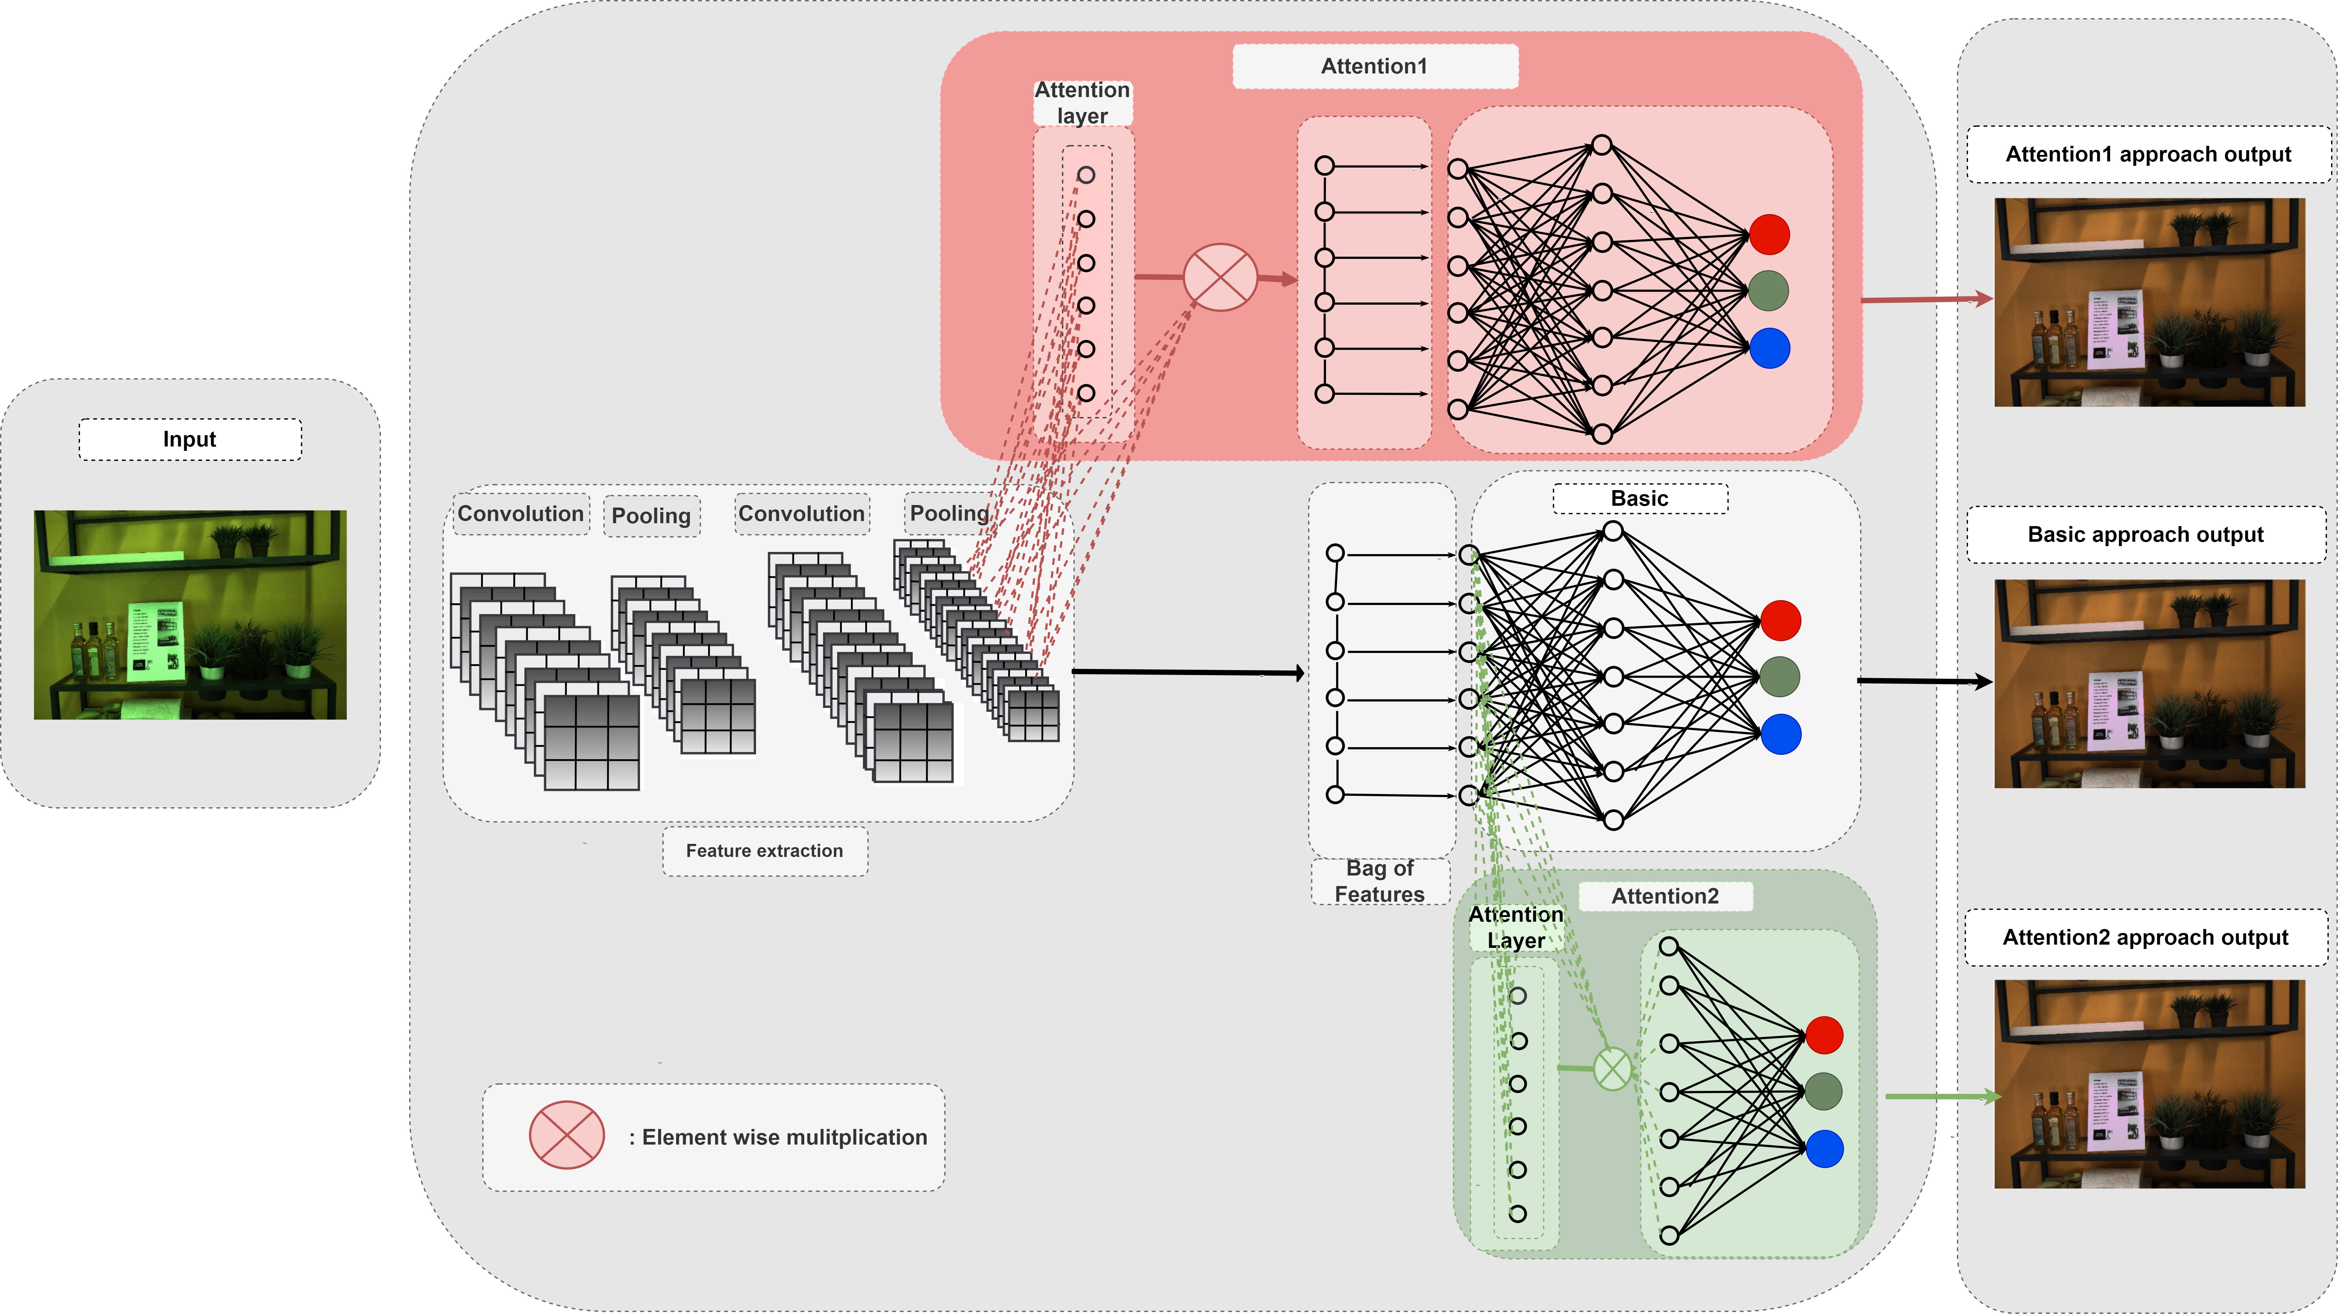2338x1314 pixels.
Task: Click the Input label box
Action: [x=190, y=439]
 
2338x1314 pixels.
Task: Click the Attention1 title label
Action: [x=1374, y=66]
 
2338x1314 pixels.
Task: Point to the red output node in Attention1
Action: [x=1769, y=234]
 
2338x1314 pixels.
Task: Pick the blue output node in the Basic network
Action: [x=1781, y=734]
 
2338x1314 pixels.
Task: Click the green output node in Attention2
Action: [x=1823, y=1091]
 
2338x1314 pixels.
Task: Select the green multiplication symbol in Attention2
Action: [x=1613, y=1069]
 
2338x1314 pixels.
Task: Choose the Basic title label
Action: [x=1639, y=498]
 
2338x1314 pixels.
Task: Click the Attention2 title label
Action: [x=1664, y=896]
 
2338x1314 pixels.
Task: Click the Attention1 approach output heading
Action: [x=2147, y=154]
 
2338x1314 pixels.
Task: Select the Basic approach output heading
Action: [x=2146, y=534]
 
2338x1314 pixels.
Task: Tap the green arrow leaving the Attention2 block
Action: [x=1942, y=1096]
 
